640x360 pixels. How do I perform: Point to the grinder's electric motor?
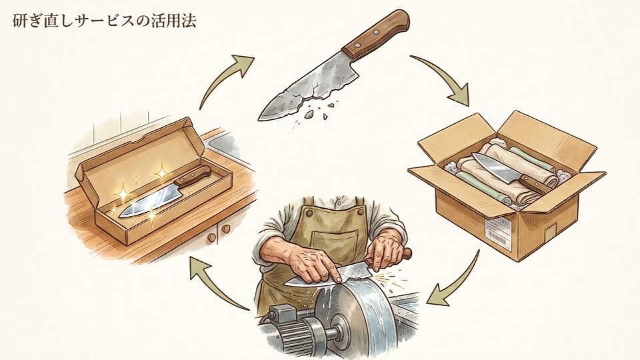click(293, 330)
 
